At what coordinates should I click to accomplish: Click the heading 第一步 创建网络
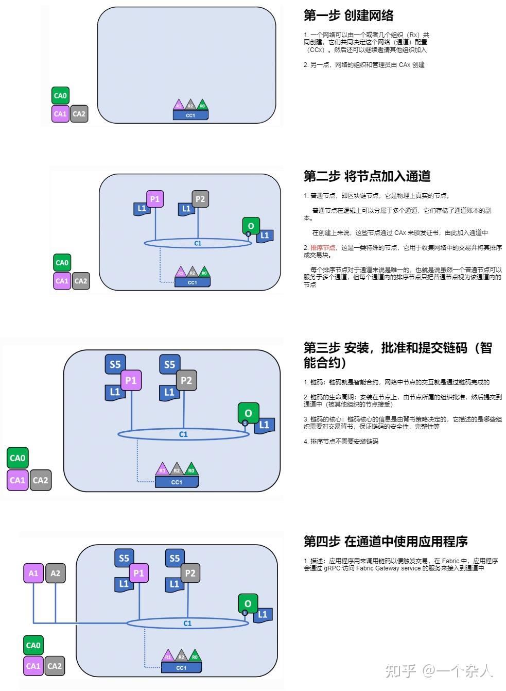[x=348, y=15]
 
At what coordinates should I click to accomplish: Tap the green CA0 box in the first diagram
[x=60, y=96]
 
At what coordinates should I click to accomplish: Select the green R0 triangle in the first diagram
[x=202, y=105]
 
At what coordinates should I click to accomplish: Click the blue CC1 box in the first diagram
[x=190, y=115]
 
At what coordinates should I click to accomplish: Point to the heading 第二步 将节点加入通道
[x=367, y=176]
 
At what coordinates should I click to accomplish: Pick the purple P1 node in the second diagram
[x=155, y=199]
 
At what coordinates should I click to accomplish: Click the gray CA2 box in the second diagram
[x=81, y=281]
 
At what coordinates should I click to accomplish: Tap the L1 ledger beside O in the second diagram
[x=265, y=236]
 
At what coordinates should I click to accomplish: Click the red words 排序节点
[x=323, y=248]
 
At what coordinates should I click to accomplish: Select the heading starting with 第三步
[x=397, y=355]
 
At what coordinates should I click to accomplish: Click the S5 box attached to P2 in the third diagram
[x=169, y=364]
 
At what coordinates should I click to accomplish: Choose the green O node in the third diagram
[x=248, y=413]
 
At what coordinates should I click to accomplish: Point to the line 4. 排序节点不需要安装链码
[x=341, y=442]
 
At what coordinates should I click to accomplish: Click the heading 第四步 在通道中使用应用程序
[x=386, y=542]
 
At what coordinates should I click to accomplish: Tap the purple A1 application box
[x=33, y=573]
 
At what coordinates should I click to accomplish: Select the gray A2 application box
[x=56, y=573]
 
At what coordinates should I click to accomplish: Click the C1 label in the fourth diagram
[x=187, y=623]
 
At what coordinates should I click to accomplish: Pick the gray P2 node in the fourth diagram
[x=190, y=573]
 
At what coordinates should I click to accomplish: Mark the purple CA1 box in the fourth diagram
[x=33, y=666]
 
